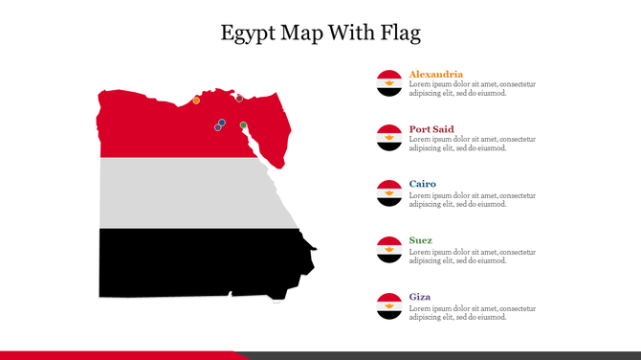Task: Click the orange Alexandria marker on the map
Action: (x=196, y=100)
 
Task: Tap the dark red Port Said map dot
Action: (x=239, y=97)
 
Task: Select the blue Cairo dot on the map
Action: (x=221, y=123)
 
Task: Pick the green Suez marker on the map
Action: (x=243, y=124)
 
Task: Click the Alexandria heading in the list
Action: (x=435, y=74)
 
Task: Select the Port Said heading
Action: (x=431, y=129)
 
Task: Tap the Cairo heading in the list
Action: (x=422, y=184)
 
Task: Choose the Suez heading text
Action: (x=420, y=240)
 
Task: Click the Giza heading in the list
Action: (x=419, y=297)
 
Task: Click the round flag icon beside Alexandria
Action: (x=388, y=82)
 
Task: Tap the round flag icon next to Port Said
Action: (x=388, y=138)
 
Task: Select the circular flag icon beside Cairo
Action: (x=388, y=193)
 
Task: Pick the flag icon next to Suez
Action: (x=388, y=250)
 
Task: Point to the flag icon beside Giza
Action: (x=388, y=306)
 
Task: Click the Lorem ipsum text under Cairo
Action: (x=472, y=199)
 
